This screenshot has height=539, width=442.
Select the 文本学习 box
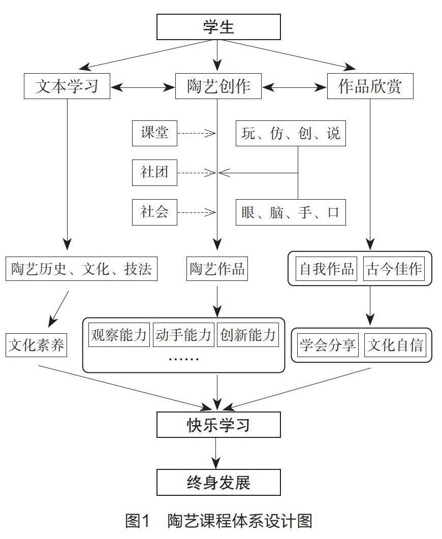(67, 86)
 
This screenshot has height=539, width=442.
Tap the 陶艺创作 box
(218, 86)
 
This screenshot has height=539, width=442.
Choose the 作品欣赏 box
(370, 86)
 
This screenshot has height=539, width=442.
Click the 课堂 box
(154, 134)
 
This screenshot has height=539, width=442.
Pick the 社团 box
(154, 173)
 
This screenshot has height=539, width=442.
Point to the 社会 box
(154, 211)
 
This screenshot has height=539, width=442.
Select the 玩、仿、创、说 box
(291, 134)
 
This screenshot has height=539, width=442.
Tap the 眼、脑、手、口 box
(291, 212)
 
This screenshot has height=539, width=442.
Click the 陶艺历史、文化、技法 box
(81, 269)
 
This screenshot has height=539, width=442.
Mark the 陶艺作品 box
(217, 269)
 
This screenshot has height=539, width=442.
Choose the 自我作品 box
(327, 269)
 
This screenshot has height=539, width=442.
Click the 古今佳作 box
(394, 269)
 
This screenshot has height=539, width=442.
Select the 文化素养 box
(37, 345)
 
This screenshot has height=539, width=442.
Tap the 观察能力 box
(119, 335)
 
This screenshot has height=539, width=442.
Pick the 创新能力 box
(248, 335)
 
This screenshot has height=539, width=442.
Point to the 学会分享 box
(328, 345)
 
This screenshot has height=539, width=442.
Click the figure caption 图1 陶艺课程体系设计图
(218, 521)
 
